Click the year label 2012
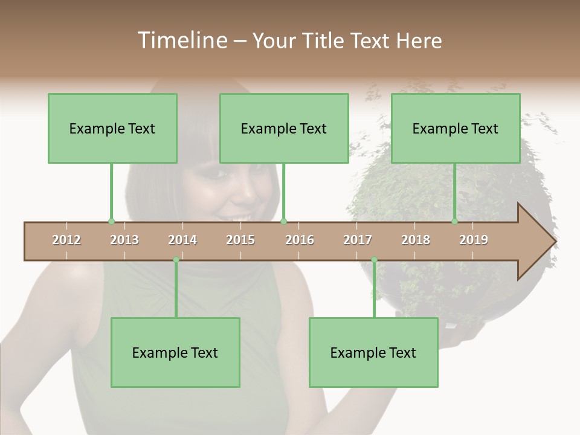click(x=66, y=240)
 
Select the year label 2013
click(x=124, y=240)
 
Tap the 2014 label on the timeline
click(x=182, y=240)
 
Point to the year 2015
click(x=240, y=240)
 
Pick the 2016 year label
click(x=300, y=240)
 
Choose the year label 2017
click(x=358, y=240)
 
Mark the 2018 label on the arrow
click(x=416, y=240)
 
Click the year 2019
click(x=474, y=240)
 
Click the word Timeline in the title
click(x=181, y=40)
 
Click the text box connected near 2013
click(x=112, y=128)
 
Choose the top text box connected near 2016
click(x=284, y=128)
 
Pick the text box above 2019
click(x=456, y=128)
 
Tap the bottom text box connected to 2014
click(x=175, y=352)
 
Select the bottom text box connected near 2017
click(x=373, y=352)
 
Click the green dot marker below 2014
click(x=176, y=260)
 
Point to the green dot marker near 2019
click(x=455, y=221)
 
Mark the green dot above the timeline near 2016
click(x=283, y=221)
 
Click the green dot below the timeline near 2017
click(x=374, y=260)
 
